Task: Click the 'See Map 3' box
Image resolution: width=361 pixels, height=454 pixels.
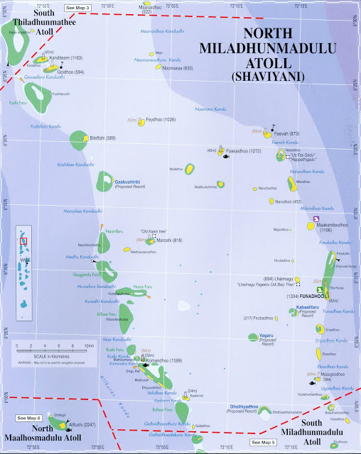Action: [x=78, y=6]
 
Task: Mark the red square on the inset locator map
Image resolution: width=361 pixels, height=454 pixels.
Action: [x=23, y=241]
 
